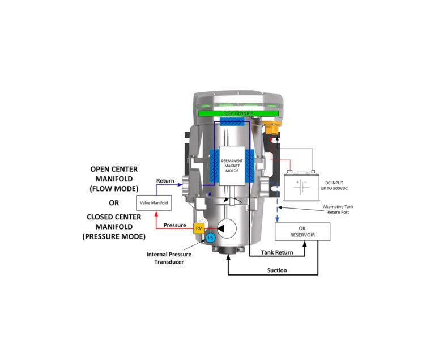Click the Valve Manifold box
[x=153, y=203]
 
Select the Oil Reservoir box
[x=302, y=232]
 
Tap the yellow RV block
[x=199, y=228]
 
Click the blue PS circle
[x=211, y=238]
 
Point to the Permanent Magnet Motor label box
[x=232, y=166]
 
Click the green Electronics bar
[x=238, y=113]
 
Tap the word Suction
[x=277, y=270]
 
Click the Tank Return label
[x=277, y=252]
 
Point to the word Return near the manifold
[x=165, y=181]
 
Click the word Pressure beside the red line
[x=175, y=225]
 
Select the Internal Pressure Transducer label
[x=169, y=258]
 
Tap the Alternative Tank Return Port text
[x=338, y=209]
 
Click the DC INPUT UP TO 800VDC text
[x=334, y=185]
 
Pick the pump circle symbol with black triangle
[x=227, y=228]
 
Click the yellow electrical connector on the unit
[x=272, y=128]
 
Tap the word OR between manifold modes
[x=114, y=203]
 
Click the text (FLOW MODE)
[x=114, y=189]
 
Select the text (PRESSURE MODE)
[x=114, y=236]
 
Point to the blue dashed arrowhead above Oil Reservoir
[x=277, y=220]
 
